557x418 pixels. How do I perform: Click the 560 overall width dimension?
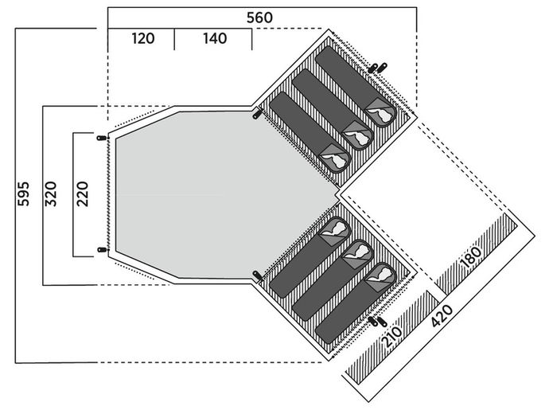tap(259, 18)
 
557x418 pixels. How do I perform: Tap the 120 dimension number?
tap(143, 38)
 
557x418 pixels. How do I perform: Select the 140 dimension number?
tap(215, 38)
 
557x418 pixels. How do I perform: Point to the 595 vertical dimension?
tap(24, 193)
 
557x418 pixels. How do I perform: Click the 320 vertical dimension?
tap(50, 193)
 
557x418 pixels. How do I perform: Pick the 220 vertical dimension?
tap(82, 193)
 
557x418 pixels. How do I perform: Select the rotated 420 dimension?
tap(442, 315)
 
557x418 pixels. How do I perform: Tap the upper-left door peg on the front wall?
tap(102, 138)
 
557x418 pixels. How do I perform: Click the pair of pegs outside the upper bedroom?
tap(377, 68)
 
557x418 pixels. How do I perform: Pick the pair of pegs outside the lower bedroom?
tap(377, 322)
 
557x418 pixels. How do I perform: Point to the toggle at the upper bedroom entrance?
tap(256, 115)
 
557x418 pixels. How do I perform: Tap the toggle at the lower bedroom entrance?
tap(256, 275)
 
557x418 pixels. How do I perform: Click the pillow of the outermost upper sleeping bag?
tap(381, 113)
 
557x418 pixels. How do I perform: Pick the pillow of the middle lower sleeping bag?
tap(358, 252)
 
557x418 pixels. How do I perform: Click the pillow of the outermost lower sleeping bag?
tap(381, 275)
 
